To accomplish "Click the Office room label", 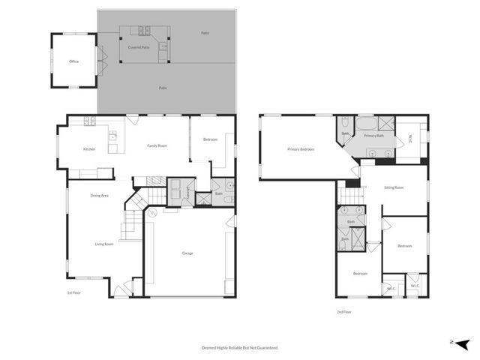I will [73, 61].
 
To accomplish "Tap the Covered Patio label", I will [138, 47].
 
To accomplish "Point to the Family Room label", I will [157, 145].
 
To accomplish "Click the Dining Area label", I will [100, 196].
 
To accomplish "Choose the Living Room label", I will [103, 244].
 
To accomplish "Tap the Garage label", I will [187, 253].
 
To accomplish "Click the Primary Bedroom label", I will [301, 149].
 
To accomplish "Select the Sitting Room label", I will [394, 188].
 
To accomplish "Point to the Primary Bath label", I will [374, 136].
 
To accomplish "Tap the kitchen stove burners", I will [89, 121].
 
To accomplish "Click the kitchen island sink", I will [112, 136].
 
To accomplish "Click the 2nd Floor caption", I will [343, 311].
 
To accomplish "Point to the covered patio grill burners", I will [142, 31].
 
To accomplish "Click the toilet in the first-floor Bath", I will [228, 187].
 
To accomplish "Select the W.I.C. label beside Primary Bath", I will [410, 137].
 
